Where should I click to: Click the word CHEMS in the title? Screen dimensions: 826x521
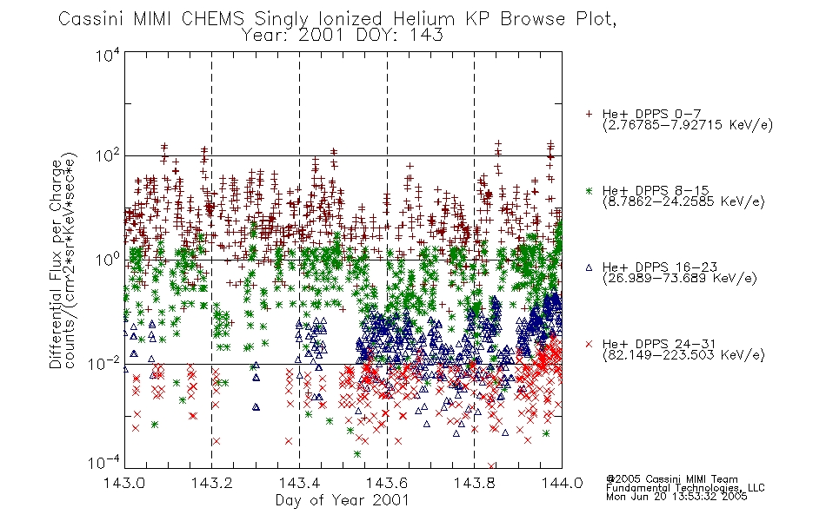213,19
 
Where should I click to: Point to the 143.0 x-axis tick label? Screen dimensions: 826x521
124,483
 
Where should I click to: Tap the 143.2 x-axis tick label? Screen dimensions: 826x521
212,483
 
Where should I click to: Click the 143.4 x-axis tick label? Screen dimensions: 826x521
300,483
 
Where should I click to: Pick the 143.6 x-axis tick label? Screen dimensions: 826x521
387,483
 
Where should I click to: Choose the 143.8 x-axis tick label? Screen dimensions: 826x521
475,483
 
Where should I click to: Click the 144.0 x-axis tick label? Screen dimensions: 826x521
562,483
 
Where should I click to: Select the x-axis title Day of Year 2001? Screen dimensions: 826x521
343,500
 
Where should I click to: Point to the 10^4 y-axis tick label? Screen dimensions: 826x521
108,55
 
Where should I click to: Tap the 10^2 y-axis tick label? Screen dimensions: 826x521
108,156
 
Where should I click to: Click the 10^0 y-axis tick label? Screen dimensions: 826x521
108,260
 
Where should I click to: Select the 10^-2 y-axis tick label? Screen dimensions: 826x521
104,363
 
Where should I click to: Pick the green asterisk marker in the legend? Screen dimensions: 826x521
589,190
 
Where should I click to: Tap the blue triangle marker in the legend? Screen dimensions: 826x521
589,267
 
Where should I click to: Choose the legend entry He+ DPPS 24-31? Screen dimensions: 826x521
659,344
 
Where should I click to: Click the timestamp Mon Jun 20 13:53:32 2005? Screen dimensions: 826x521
676,497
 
